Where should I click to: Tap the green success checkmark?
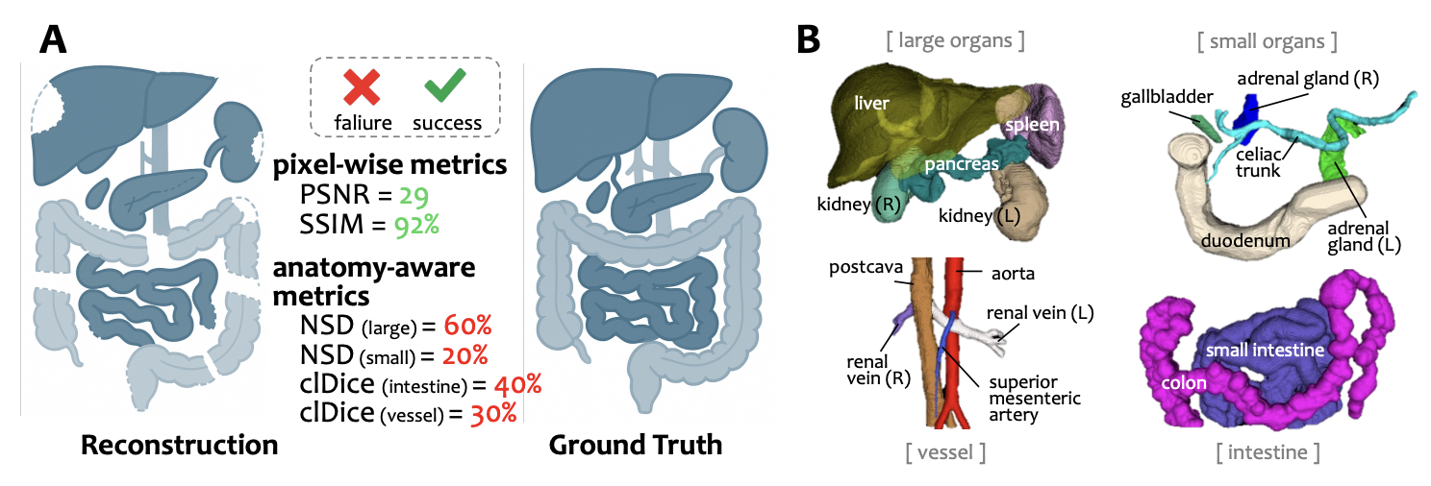pyautogui.click(x=445, y=87)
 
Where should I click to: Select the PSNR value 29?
pyautogui.click(x=414, y=196)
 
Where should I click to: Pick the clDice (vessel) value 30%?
pyautogui.click(x=493, y=413)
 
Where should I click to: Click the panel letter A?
pyautogui.click(x=54, y=39)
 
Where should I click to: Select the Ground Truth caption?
pyautogui.click(x=635, y=447)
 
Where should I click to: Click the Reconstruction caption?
pyautogui.click(x=180, y=447)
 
